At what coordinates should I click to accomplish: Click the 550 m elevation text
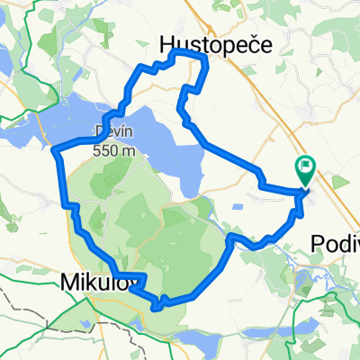(115, 150)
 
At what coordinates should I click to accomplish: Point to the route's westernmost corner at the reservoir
(57, 149)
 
